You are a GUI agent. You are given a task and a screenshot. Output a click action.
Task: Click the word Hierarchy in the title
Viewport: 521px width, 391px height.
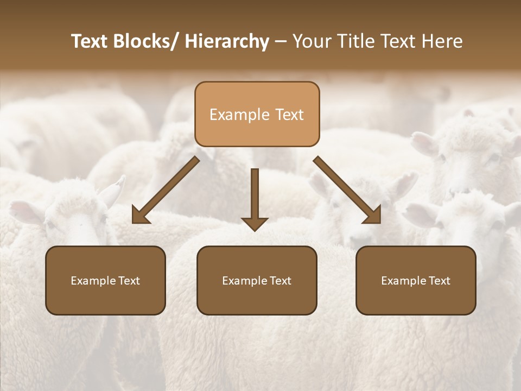[x=227, y=41]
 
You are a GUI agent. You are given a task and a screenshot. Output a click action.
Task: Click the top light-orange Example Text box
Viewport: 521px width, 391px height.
[x=257, y=114]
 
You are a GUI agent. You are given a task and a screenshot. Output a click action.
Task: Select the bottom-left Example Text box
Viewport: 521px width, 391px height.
[x=105, y=280]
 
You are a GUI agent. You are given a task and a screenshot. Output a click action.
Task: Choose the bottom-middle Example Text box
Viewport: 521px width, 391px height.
[x=257, y=280]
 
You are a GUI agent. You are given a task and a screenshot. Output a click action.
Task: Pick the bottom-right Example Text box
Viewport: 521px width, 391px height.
[x=416, y=280]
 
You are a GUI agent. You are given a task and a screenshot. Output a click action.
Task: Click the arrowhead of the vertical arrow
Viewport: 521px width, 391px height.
[x=255, y=223]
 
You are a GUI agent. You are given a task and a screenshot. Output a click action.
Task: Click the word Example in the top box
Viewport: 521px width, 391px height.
[x=239, y=115]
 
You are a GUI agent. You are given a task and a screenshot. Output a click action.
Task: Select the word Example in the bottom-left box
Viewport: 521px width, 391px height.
[x=92, y=281]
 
